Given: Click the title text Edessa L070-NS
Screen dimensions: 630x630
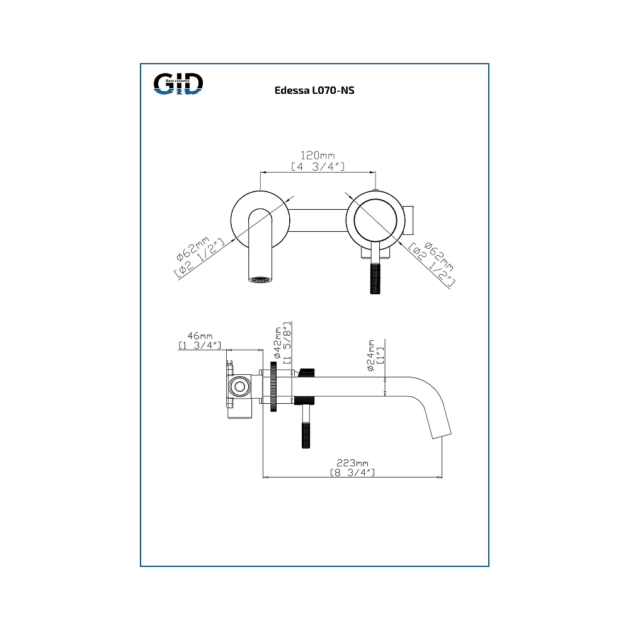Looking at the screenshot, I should tap(314, 91).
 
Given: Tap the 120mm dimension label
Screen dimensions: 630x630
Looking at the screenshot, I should tap(317, 156).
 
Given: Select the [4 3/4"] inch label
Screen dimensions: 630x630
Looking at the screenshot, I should tap(318, 166).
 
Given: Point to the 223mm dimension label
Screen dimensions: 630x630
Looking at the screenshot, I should tap(352, 462).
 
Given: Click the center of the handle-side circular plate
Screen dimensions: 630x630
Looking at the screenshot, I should tap(376, 217).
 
